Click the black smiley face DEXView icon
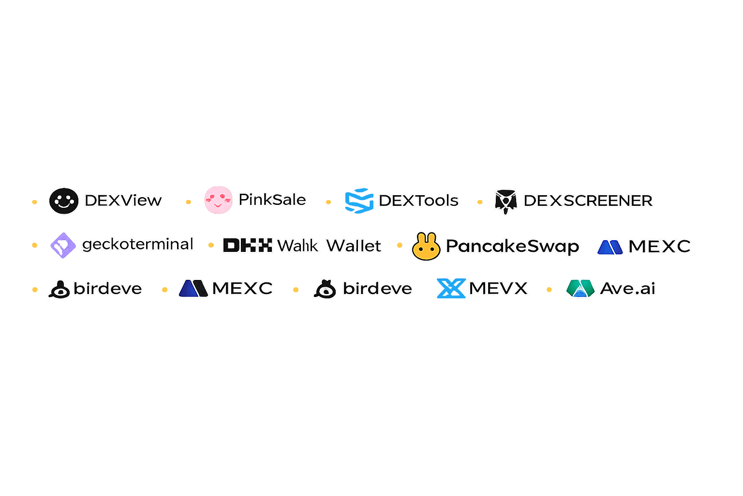pos(63,201)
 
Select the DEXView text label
pos(123,201)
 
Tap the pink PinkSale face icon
pos(218,200)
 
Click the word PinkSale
pos(272,200)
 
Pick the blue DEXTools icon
pos(359,201)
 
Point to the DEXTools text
pos(419,201)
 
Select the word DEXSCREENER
pos(588,201)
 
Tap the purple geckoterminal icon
pos(63,246)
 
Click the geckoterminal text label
pos(138,244)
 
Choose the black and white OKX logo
pos(248,245)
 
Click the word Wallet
pos(354,246)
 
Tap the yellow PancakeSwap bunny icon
pos(426,247)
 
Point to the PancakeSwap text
pos(512,247)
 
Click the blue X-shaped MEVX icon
pos(451,288)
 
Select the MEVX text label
pos(499,289)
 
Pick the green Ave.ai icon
pos(580,288)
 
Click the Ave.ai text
pos(628,289)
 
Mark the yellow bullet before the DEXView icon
pos(34,202)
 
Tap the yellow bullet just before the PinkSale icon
pos(188,202)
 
